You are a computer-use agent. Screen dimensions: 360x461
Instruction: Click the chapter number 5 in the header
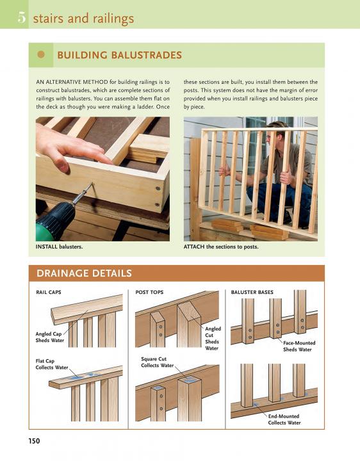[22, 18]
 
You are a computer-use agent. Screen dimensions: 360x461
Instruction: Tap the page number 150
[34, 441]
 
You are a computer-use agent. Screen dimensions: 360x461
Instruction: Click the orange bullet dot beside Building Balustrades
[41, 54]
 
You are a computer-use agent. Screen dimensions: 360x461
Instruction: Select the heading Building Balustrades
[119, 55]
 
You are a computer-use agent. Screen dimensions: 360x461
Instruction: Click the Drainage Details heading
[84, 273]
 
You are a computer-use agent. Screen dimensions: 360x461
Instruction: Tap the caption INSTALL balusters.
[59, 247]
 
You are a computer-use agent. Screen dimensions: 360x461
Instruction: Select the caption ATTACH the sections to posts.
[221, 247]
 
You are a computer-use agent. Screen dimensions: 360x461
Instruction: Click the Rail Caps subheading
[49, 292]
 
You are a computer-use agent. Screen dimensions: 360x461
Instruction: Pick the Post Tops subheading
[149, 292]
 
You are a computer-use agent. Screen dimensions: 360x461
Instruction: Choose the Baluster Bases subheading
[252, 292]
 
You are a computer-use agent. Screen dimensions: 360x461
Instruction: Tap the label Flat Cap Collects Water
[52, 364]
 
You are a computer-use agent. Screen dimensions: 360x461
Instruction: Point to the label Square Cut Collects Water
[158, 362]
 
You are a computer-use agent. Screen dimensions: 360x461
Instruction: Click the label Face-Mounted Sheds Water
[299, 346]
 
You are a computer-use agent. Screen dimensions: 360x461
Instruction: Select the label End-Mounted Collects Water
[284, 419]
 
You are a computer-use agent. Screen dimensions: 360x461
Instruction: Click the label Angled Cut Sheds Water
[213, 339]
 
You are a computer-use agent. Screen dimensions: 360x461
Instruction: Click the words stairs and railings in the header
[83, 19]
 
